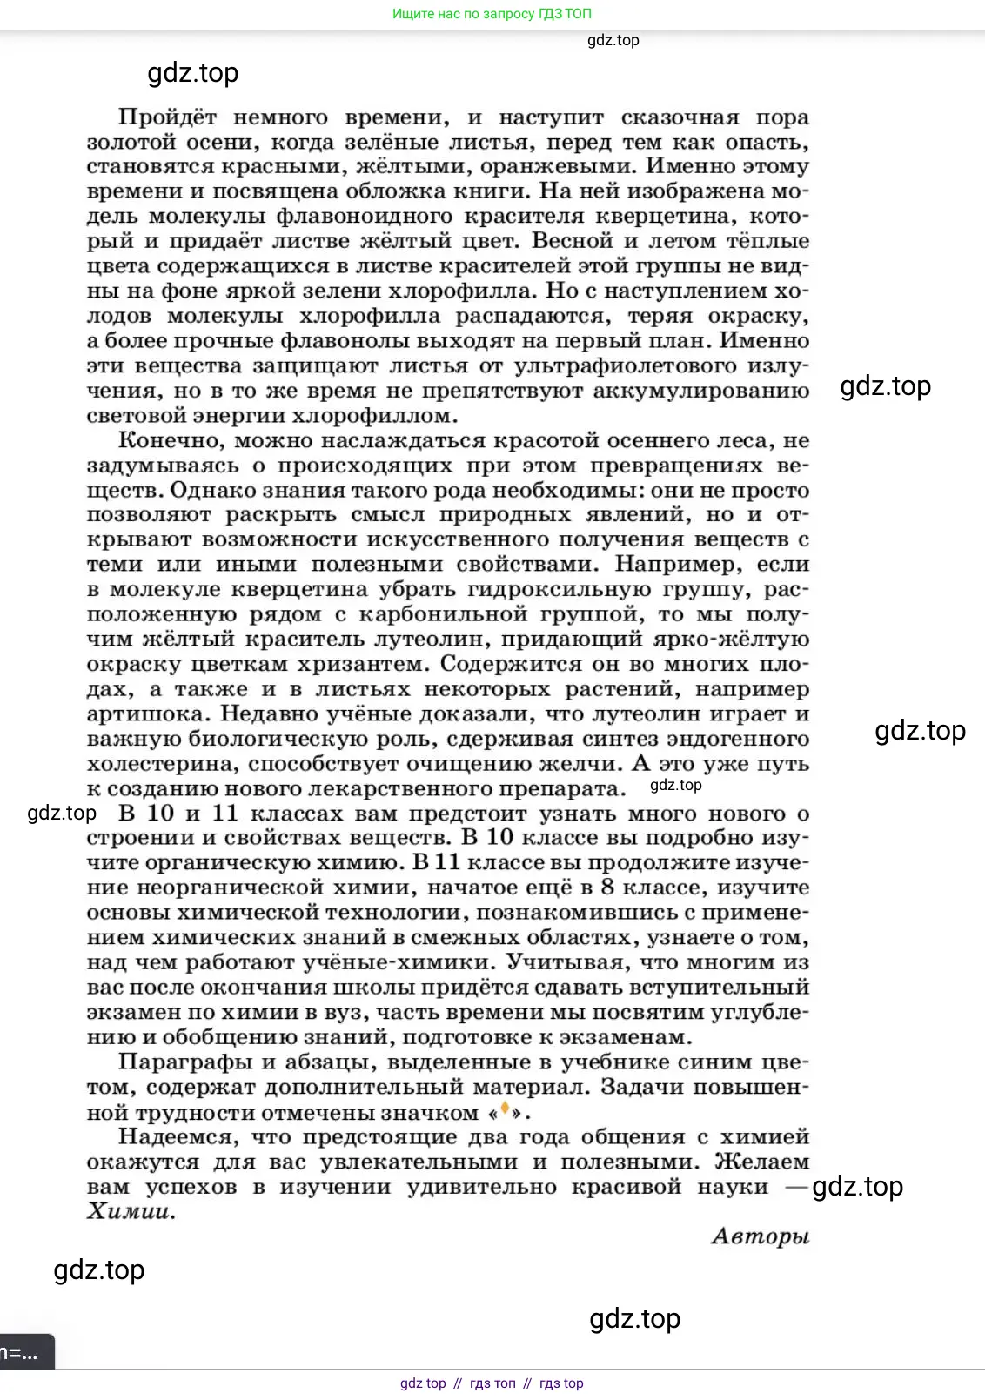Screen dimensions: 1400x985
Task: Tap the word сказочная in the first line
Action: tap(680, 117)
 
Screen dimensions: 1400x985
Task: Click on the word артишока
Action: tap(147, 714)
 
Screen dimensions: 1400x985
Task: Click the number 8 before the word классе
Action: tap(607, 888)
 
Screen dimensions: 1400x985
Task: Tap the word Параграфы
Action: tap(184, 1062)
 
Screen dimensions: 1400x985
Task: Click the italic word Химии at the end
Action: tap(131, 1212)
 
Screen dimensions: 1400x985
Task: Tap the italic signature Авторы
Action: tap(760, 1236)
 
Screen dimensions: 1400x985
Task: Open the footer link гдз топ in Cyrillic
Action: tap(492, 1383)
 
